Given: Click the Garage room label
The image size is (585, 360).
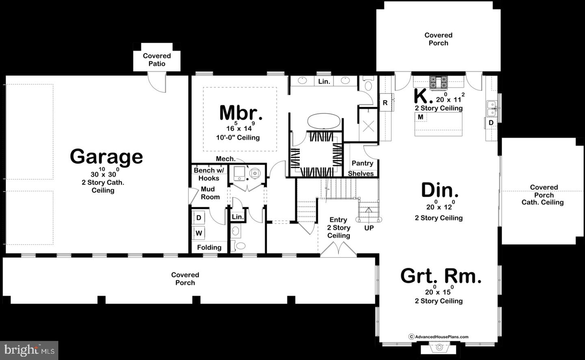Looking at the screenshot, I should click(x=106, y=156).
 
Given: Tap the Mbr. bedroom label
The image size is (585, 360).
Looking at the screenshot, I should click(x=240, y=113).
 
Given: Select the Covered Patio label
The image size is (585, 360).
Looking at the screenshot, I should click(x=157, y=60).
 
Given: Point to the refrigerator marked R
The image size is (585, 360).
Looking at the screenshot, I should click(x=385, y=103).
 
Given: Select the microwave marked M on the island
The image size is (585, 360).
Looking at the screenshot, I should click(x=420, y=117).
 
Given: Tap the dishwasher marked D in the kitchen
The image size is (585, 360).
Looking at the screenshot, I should click(x=491, y=122).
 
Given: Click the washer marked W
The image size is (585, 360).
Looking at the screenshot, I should click(x=199, y=233).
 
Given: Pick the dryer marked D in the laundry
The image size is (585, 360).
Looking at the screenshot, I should click(x=199, y=218).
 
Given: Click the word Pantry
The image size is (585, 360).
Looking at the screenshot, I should click(x=362, y=163).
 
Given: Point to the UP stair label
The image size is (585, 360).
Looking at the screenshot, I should click(x=369, y=228).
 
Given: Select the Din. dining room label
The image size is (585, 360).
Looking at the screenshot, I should click(x=440, y=190).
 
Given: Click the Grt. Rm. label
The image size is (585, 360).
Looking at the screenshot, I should click(x=441, y=276).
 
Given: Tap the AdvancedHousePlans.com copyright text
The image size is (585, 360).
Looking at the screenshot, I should click(x=439, y=336).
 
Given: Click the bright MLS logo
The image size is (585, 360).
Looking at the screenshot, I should click(x=29, y=350).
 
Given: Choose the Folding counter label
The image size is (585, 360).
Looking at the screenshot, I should click(x=209, y=247).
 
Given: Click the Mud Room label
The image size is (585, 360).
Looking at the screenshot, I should click(x=210, y=193).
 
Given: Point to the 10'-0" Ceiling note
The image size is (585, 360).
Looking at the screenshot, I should click(x=238, y=138).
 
